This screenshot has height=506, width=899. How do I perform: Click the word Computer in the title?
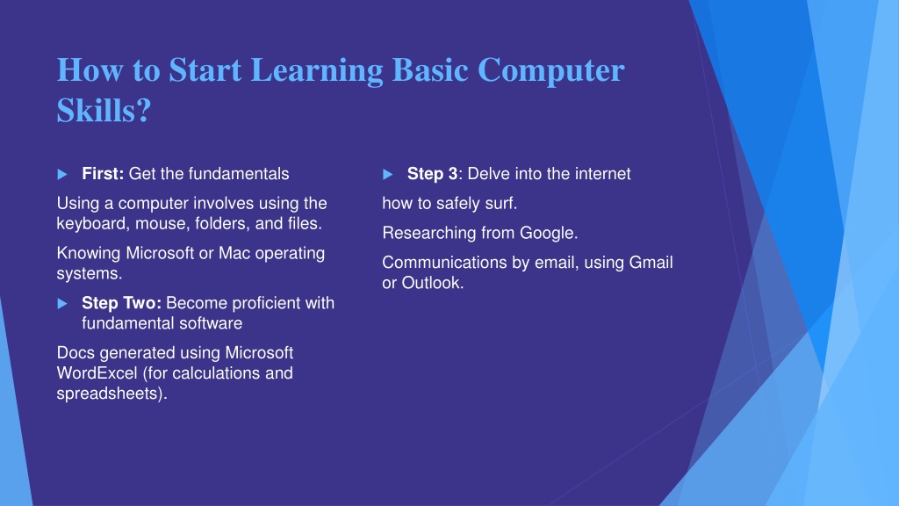(550, 70)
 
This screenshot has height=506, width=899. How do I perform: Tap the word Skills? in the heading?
(104, 110)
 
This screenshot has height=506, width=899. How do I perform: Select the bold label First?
(103, 174)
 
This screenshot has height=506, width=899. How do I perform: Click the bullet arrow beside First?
(62, 175)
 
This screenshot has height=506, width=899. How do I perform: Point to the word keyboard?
(92, 224)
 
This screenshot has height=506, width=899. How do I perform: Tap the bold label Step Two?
(121, 303)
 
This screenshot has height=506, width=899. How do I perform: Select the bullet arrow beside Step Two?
(62, 303)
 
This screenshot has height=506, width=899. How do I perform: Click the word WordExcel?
(97, 372)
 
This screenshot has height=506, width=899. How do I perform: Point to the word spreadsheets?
(106, 394)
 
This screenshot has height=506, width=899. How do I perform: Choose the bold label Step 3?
(432, 174)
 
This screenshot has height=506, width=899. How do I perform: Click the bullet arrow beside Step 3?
(387, 175)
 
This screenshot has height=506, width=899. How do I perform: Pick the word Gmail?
(651, 262)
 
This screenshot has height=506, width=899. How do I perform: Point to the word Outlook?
(430, 283)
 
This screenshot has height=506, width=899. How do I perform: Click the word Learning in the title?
(317, 71)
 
